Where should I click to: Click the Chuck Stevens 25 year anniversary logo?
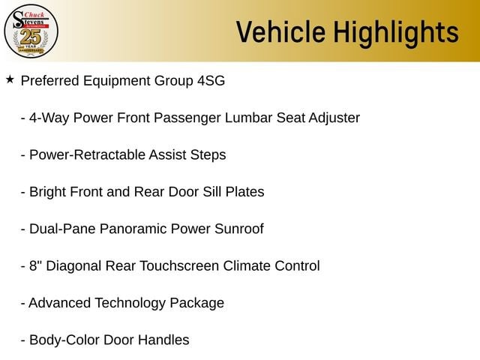click(x=31, y=31)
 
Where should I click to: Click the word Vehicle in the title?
click(x=280, y=31)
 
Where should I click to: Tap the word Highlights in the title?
click(x=396, y=33)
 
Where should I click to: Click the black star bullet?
click(x=10, y=79)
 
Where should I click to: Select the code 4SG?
click(x=211, y=81)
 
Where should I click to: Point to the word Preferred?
click(x=50, y=81)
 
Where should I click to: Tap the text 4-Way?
click(x=49, y=118)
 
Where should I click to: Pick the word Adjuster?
click(x=334, y=118)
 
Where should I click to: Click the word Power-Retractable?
click(x=88, y=155)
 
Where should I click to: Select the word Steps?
click(x=208, y=155)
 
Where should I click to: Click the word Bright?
click(x=48, y=192)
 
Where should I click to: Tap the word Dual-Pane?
click(x=62, y=229)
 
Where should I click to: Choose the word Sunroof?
click(x=238, y=229)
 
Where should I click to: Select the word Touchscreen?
click(x=179, y=266)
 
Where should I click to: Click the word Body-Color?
click(x=64, y=340)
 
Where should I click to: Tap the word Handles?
click(x=163, y=340)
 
